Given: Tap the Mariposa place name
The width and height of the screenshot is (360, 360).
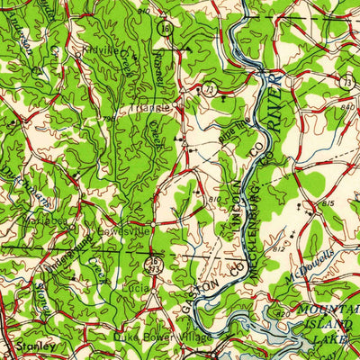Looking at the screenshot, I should tap(42, 216).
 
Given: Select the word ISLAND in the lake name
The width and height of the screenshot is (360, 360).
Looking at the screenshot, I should tap(338, 327).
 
